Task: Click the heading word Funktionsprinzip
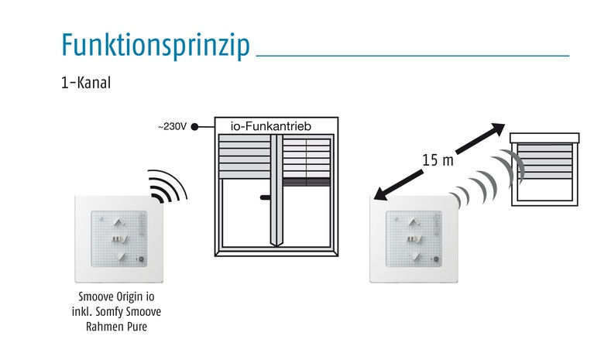[x=156, y=45]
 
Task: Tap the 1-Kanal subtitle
[x=86, y=83]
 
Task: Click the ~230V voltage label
[x=173, y=127]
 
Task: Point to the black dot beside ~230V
[x=194, y=127]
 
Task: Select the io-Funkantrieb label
[x=271, y=126]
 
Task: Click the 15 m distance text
[x=438, y=160]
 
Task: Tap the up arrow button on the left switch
[x=119, y=222]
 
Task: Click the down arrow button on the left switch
[x=120, y=256]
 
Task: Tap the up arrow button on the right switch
[x=414, y=222]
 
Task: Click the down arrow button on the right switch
[x=415, y=256]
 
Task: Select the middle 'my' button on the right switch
[x=415, y=239]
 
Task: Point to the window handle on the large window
[x=265, y=197]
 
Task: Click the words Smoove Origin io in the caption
[x=116, y=297]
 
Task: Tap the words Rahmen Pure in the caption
[x=116, y=326]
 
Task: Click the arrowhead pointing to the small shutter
[x=497, y=129]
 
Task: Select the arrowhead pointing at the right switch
[x=381, y=194]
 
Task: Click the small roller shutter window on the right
[x=544, y=170]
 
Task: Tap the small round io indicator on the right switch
[x=436, y=259]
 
